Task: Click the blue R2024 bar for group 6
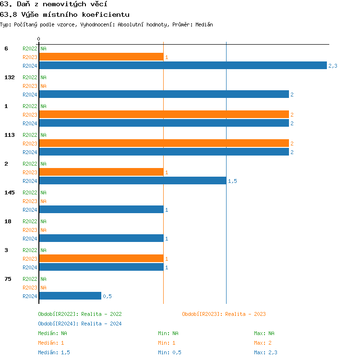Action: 182,65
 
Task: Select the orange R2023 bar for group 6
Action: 101,57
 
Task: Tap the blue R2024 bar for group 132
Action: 164,94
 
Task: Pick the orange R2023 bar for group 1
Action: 164,114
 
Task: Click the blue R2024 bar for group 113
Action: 164,152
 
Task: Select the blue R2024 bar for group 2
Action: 132,180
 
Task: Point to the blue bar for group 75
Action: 70,296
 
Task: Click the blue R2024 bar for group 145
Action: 101,209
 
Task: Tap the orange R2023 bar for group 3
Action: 101,258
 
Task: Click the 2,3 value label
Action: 333,66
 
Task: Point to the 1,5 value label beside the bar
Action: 232,181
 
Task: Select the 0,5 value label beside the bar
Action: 107,296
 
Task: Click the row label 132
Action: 10,77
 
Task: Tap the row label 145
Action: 10,193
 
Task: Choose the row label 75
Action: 8,279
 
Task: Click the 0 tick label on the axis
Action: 39,39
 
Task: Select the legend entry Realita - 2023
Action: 224,314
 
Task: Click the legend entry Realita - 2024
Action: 80,324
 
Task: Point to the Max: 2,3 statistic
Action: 265,352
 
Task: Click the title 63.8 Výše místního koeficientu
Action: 65,14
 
